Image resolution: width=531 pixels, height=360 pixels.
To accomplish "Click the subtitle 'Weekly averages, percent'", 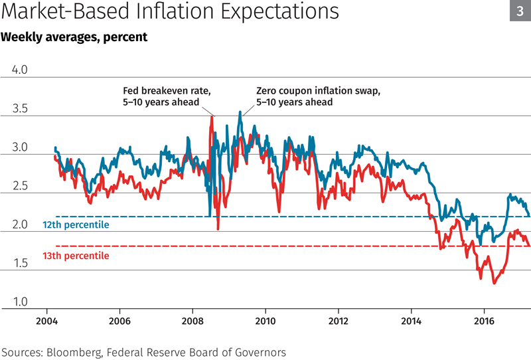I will tap(74, 37).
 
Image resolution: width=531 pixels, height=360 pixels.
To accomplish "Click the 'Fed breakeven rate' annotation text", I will tap(167, 92).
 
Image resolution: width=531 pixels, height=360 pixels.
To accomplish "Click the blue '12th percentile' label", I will tap(76, 225).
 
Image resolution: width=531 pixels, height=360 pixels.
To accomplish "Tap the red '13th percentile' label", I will tap(76, 255).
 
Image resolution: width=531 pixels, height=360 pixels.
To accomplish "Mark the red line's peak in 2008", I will tap(212, 118).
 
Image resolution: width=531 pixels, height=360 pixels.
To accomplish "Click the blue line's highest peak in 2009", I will tap(240, 112).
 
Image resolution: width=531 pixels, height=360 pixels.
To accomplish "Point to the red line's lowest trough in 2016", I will tap(494, 284).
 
